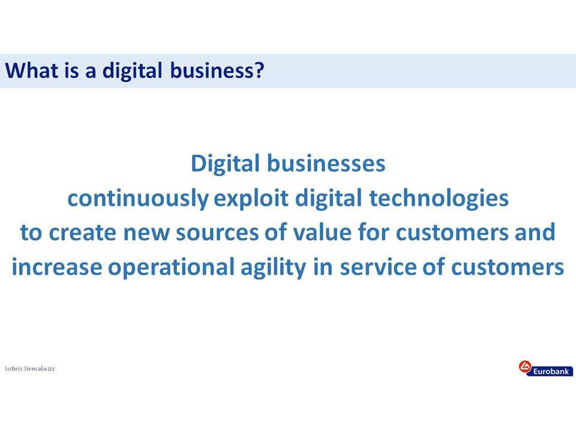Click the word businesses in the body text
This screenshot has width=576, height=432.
coord(326,163)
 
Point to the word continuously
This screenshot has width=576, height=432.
coord(138,199)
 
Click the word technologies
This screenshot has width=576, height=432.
coord(439,199)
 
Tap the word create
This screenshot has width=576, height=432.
coord(82,233)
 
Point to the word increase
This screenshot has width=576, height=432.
coord(57,267)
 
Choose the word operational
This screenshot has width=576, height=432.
coord(171,267)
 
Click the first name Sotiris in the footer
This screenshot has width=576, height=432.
coord(14,368)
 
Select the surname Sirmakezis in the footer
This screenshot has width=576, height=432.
coord(40,368)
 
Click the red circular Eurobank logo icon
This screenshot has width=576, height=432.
coord(526,367)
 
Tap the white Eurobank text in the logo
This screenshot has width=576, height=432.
coord(551,371)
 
